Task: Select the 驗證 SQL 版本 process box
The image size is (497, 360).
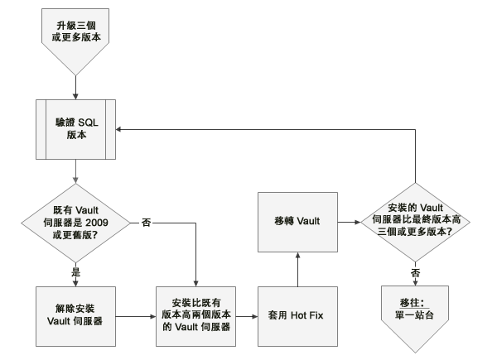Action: (x=75, y=128)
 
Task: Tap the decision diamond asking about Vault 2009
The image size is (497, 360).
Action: (x=75, y=223)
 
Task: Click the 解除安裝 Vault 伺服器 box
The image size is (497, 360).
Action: (x=75, y=314)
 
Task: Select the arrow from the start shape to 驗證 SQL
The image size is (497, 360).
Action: (x=75, y=83)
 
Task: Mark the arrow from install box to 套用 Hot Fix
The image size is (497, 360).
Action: (x=245, y=315)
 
